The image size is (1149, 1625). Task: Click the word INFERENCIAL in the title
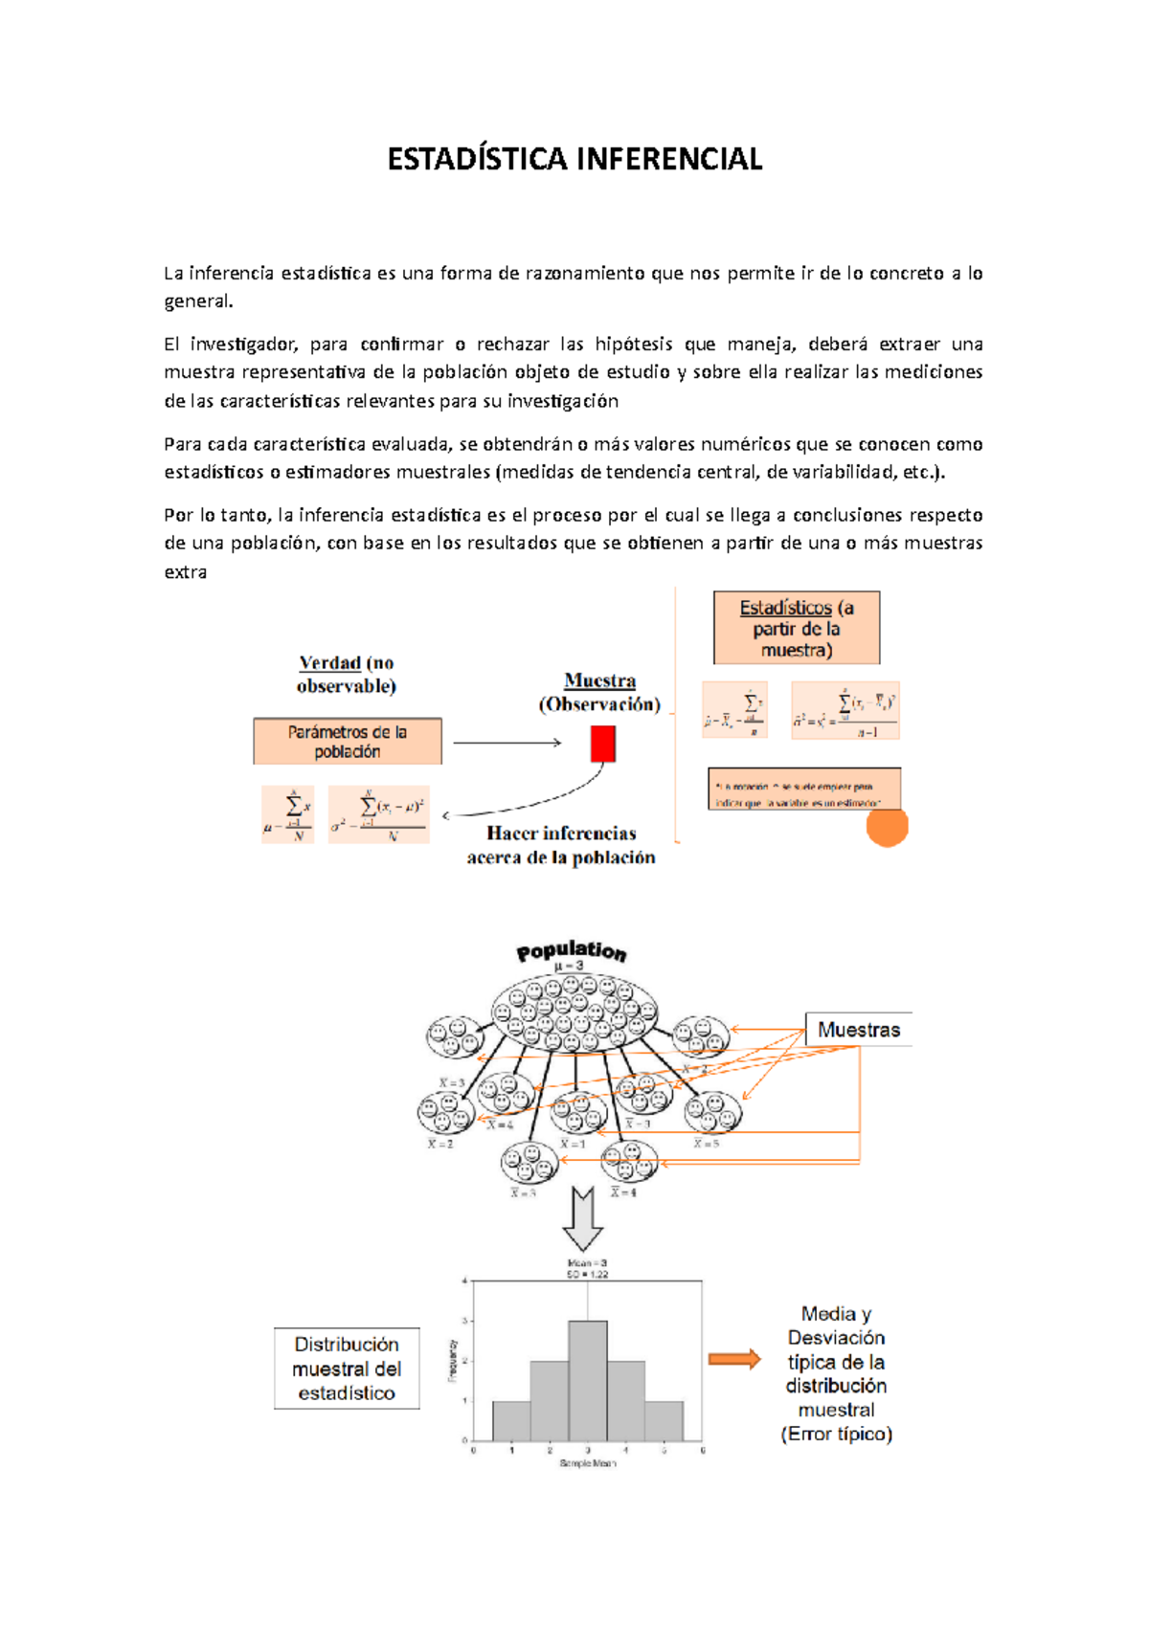point(669,159)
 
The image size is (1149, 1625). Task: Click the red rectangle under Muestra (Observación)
point(602,744)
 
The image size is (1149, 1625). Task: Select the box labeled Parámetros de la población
point(348,742)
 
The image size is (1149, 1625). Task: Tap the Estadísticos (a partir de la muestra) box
point(797,628)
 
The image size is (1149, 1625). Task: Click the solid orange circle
point(887,827)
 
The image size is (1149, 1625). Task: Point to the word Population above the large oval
point(572,950)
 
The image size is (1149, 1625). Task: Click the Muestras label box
point(858,1030)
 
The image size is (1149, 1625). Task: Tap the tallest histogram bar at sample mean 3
point(588,1380)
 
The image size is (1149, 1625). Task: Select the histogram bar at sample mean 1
point(511,1421)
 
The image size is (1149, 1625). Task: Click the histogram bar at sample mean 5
point(664,1421)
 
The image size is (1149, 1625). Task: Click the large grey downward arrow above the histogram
point(581,1217)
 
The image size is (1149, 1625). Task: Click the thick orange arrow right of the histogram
point(734,1359)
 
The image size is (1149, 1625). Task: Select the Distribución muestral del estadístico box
point(347,1369)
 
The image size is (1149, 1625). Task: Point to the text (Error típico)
point(836,1434)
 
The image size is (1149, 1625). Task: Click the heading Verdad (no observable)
point(347,674)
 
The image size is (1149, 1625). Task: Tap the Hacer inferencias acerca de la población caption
point(561,845)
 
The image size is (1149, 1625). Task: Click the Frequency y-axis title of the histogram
point(453,1360)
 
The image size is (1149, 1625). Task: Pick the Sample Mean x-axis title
point(588,1463)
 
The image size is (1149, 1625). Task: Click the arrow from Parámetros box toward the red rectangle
point(507,743)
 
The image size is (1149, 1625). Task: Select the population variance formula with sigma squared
point(379,815)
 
